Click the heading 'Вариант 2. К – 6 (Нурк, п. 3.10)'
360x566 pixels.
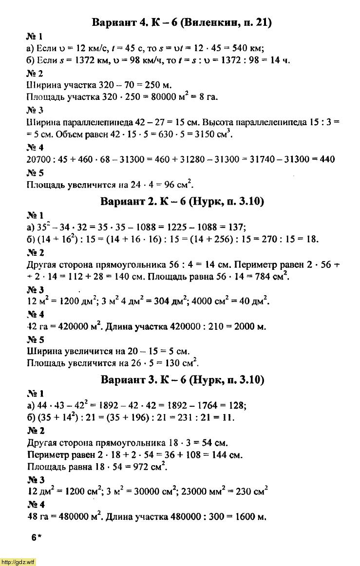[181, 201]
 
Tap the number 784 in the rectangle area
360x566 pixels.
[253, 277]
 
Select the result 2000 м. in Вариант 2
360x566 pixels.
[250, 327]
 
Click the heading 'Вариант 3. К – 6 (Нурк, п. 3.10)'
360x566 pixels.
[181, 379]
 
